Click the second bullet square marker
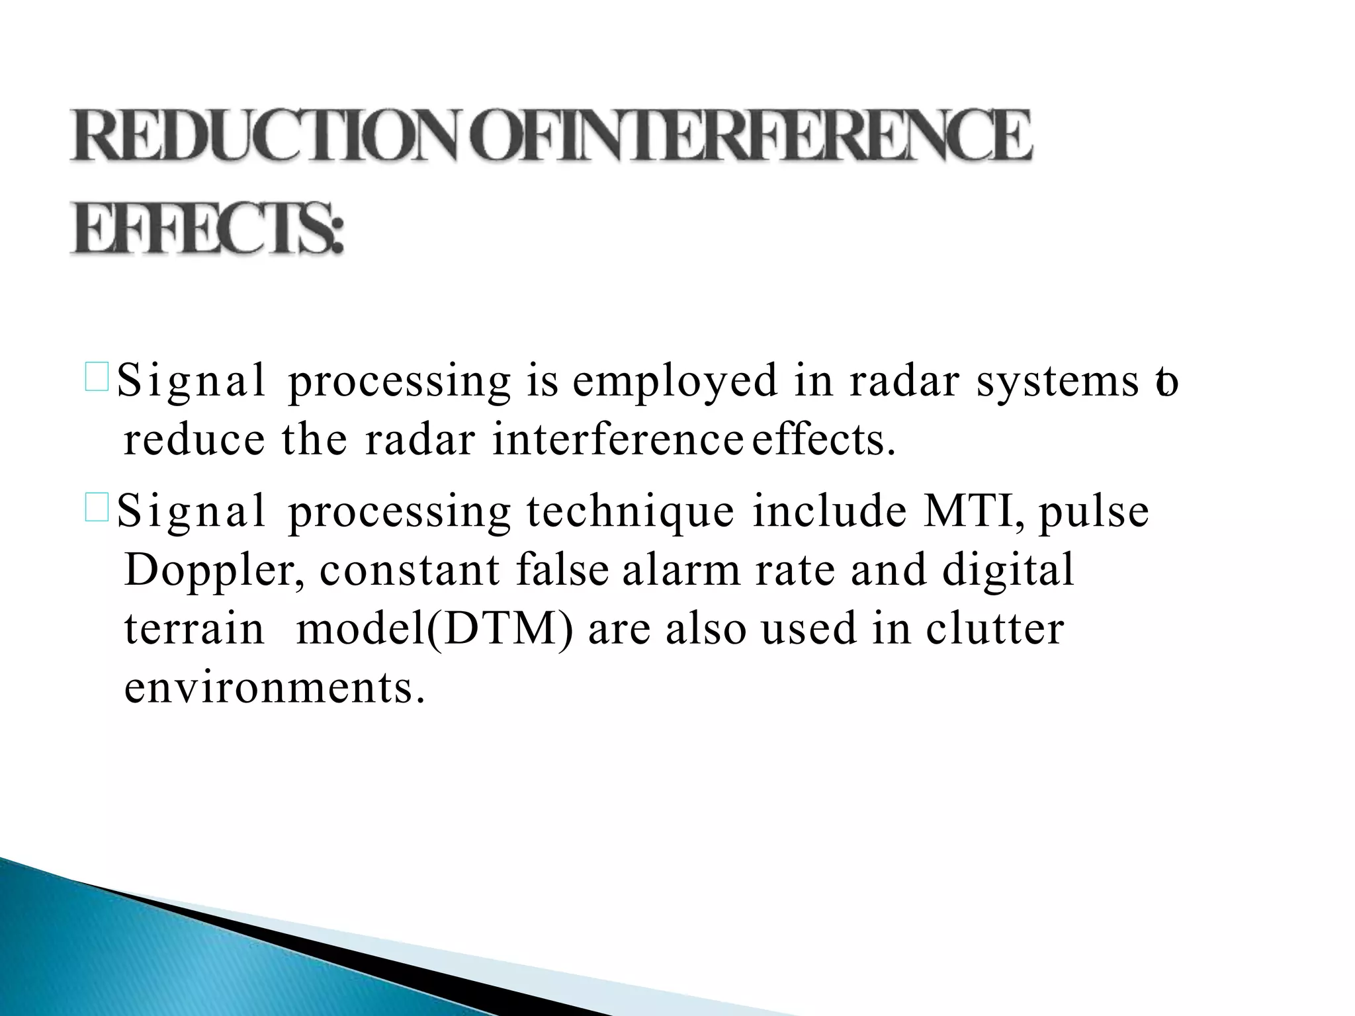(97, 510)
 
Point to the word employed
(676, 382)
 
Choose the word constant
(410, 570)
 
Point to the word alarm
(681, 570)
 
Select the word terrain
(194, 628)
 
